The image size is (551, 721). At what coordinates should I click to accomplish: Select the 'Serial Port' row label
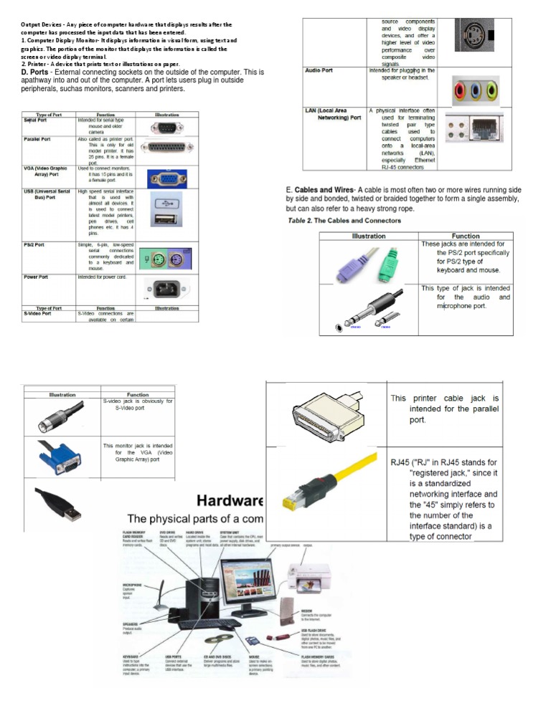(x=36, y=120)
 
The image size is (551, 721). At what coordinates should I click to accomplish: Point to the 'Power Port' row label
(x=36, y=277)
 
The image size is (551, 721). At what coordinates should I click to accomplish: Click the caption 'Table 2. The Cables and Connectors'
(x=339, y=221)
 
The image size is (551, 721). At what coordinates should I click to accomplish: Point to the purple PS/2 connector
(x=357, y=264)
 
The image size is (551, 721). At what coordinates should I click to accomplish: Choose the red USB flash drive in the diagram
(x=278, y=636)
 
